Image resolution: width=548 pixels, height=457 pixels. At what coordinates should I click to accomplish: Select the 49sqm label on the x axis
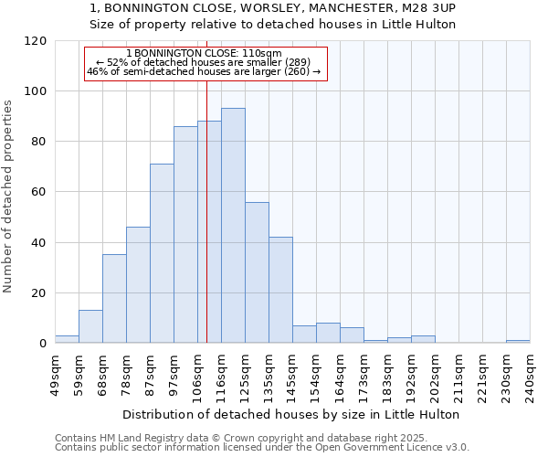tap(56, 376)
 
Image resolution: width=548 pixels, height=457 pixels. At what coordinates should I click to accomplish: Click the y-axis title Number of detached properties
tap(8, 197)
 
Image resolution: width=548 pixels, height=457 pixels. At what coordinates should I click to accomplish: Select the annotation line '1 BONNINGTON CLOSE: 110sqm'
tap(204, 54)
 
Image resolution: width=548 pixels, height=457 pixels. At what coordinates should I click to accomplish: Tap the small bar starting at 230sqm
tap(518, 341)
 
